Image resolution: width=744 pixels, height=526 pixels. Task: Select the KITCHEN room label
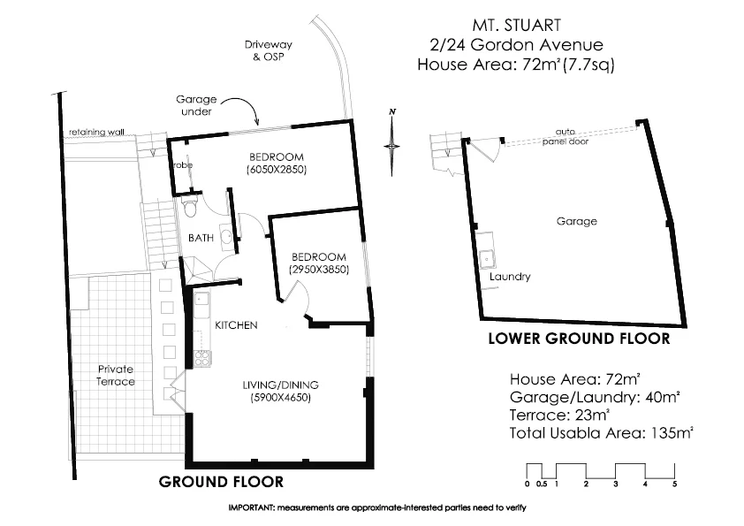tap(236, 325)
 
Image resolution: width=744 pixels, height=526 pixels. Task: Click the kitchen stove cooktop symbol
tap(201, 358)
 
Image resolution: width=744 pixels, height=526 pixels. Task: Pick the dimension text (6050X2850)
tap(277, 170)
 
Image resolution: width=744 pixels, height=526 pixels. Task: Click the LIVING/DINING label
tap(281, 385)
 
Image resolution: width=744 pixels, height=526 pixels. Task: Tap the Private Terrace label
tap(117, 375)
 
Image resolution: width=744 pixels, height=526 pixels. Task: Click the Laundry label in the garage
tap(510, 277)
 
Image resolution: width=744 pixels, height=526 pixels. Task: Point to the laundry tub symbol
tap(486, 259)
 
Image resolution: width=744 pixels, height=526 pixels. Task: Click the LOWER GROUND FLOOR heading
tap(579, 339)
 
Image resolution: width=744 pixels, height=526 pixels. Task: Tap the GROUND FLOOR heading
tap(221, 482)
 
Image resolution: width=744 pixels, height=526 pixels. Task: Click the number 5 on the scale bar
tap(674, 484)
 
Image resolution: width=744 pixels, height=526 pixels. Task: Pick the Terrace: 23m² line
tap(559, 414)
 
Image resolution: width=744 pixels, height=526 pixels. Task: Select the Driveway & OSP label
tap(270, 50)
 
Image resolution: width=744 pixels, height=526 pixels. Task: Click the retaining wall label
tap(97, 133)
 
